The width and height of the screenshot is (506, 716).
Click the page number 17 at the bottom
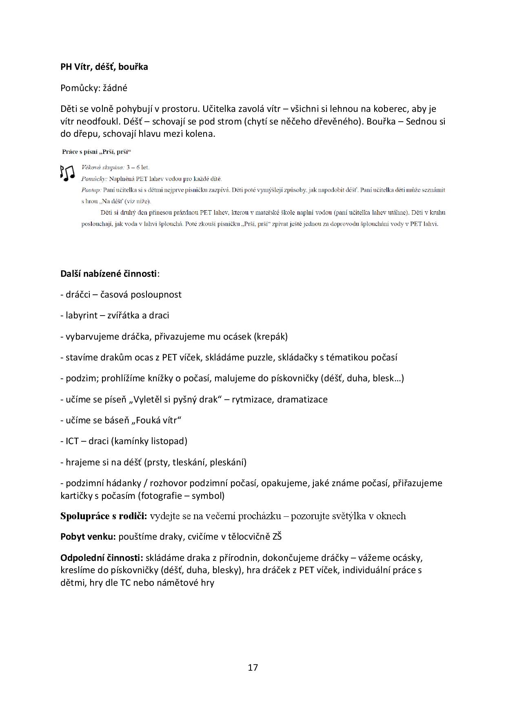click(x=253, y=667)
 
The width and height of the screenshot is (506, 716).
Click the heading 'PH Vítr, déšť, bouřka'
click(x=104, y=67)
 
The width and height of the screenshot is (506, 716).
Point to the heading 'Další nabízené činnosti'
click(x=109, y=274)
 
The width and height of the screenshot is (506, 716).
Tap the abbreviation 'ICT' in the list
click(x=73, y=441)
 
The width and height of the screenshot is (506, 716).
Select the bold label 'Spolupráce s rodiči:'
click(x=104, y=516)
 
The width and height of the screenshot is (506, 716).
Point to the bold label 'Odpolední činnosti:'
click(x=102, y=558)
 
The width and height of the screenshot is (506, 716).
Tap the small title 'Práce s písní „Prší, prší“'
click(x=96, y=152)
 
